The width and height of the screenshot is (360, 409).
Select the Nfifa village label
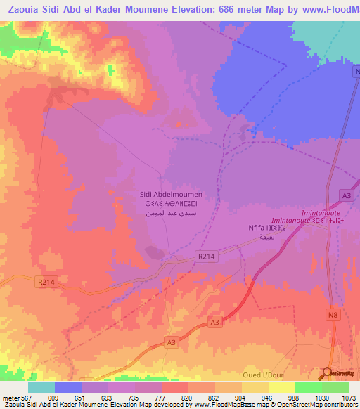coord(259,228)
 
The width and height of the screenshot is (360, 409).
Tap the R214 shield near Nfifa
coord(205,257)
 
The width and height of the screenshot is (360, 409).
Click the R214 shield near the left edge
coord(46,282)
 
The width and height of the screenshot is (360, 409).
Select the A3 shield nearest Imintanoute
coord(345,195)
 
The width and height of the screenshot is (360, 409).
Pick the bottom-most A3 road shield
coord(171,342)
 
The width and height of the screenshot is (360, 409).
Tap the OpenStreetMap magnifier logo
coord(328,372)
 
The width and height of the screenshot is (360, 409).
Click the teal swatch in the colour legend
coord(41,387)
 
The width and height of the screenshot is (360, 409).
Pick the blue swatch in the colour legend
coord(68,387)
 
